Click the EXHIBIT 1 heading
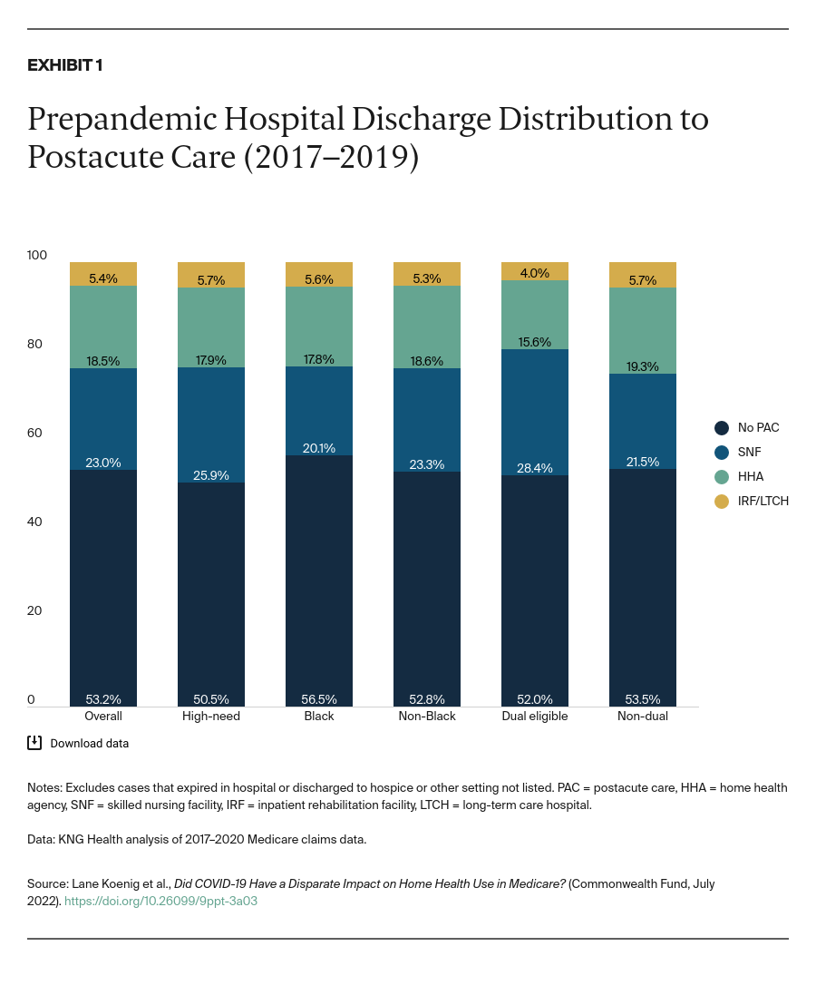click(64, 65)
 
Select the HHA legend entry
click(750, 476)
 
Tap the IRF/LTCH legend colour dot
click(722, 501)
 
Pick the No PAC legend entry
click(758, 427)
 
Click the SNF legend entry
click(749, 452)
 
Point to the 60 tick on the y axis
click(34, 433)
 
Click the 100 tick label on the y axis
click(37, 255)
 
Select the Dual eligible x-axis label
click(535, 716)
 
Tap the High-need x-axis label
click(211, 716)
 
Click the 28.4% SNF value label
click(535, 467)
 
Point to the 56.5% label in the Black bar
click(319, 699)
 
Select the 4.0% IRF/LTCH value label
click(535, 272)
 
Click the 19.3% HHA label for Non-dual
click(643, 366)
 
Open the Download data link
click(89, 743)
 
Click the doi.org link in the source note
click(160, 902)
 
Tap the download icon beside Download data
click(34, 743)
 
